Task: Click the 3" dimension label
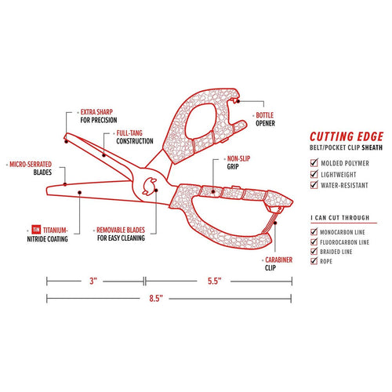pos(93,281)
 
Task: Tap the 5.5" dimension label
pos(215,281)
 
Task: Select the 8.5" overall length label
pos(156,298)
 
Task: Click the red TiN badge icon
pos(36,230)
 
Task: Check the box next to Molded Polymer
pos(314,162)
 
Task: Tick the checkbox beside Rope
pos(314,261)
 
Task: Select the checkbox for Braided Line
pos(314,251)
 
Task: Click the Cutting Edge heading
pos(347,136)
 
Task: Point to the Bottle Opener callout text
pos(265,119)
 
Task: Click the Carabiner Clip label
pos(278,263)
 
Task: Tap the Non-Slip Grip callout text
pos(238,162)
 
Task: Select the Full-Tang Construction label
pos(135,137)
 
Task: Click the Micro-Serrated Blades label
pos(31,169)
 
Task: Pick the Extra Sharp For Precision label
pos(99,116)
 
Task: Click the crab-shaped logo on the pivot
pos(149,186)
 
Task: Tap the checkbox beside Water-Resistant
pos(314,184)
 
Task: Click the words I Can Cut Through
pos(340,218)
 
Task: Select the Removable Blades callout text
pos(121,234)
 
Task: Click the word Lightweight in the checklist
pos(339,174)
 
